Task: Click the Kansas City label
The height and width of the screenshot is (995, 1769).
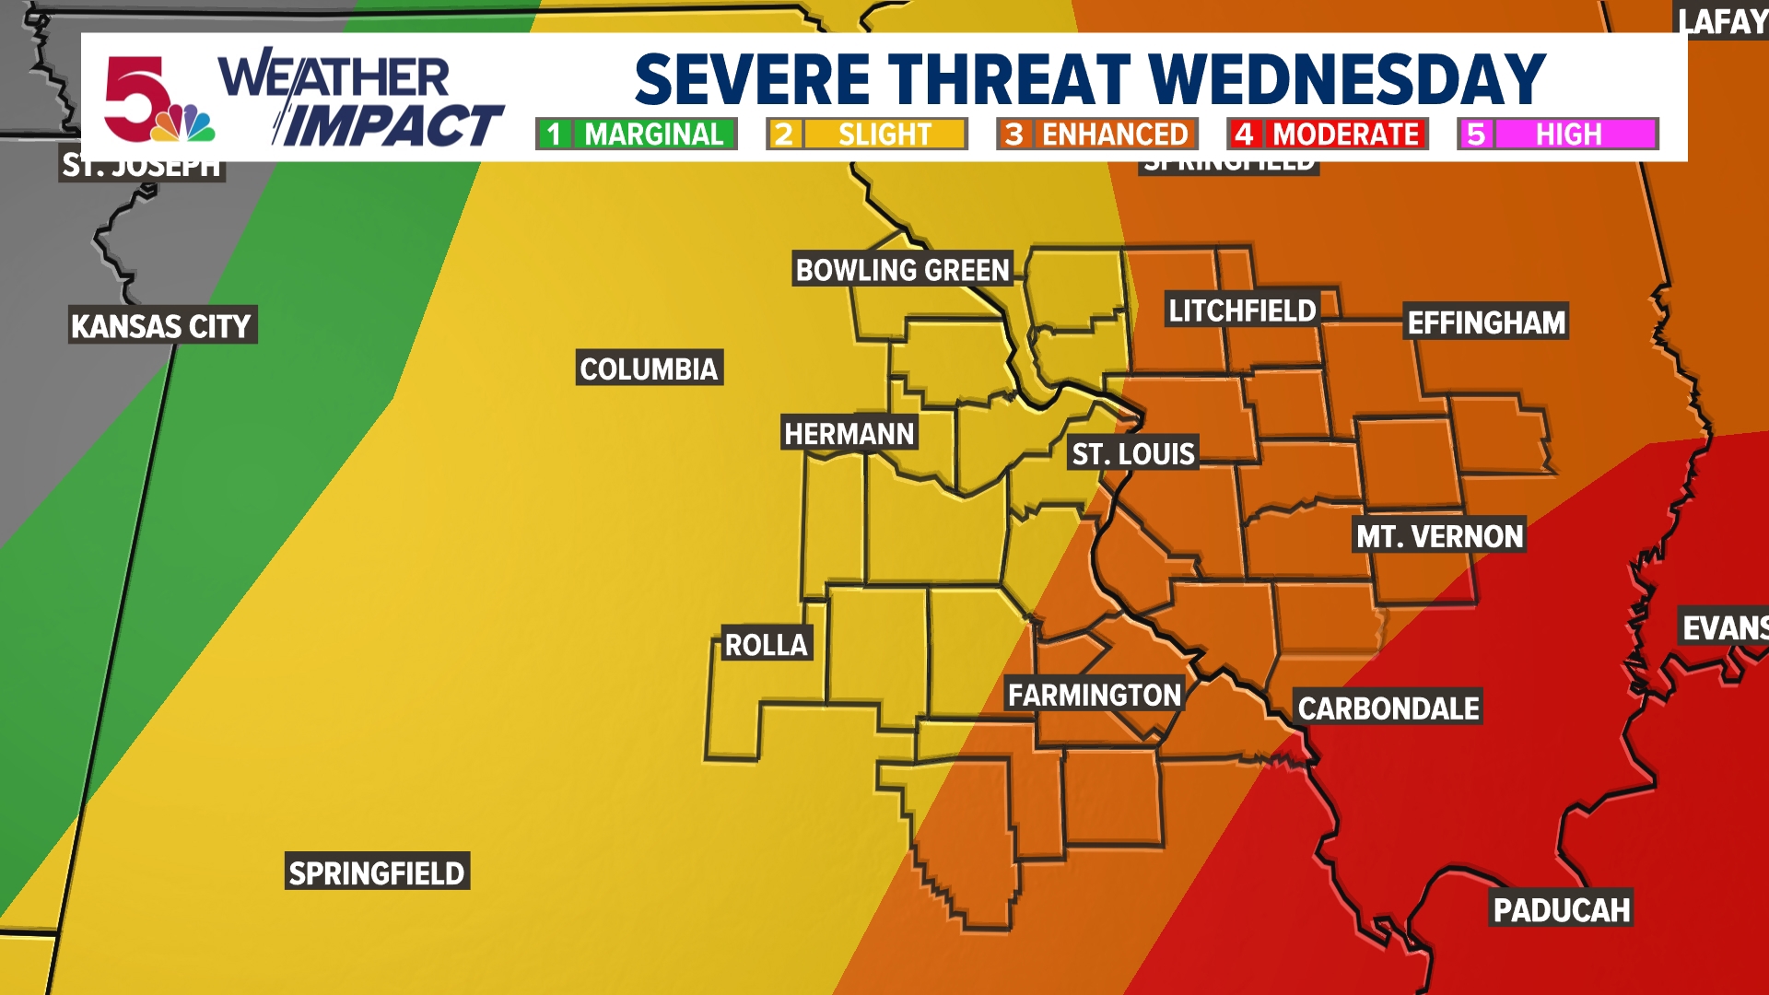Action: pyautogui.click(x=161, y=326)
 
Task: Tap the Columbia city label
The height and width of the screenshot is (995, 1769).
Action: pyautogui.click(x=649, y=369)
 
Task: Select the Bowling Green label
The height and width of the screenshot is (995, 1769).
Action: pyautogui.click(x=902, y=270)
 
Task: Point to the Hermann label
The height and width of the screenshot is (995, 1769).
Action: pyautogui.click(x=849, y=433)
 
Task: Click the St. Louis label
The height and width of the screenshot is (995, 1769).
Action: pyautogui.click(x=1133, y=453)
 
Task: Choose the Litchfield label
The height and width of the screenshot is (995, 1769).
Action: pyautogui.click(x=1242, y=310)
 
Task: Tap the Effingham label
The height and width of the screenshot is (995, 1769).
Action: pyautogui.click(x=1485, y=322)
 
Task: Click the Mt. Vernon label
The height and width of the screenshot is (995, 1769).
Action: pyautogui.click(x=1439, y=535)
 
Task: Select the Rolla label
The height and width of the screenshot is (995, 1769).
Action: pyautogui.click(x=766, y=644)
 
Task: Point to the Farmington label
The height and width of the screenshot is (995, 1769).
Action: pyautogui.click(x=1094, y=694)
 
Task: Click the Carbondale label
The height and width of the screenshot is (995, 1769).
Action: pyautogui.click(x=1388, y=708)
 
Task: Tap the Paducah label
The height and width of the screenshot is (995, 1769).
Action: pyautogui.click(x=1561, y=909)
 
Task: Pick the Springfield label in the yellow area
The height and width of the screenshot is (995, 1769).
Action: pyautogui.click(x=377, y=872)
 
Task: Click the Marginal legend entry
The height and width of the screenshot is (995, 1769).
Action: pyautogui.click(x=636, y=135)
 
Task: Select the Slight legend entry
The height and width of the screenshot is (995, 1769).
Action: pyautogui.click(x=866, y=135)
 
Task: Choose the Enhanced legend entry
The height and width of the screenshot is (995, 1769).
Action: pyautogui.click(x=1096, y=135)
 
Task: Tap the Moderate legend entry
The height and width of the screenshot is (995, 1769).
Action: pyautogui.click(x=1327, y=135)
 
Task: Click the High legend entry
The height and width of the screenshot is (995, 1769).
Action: pyautogui.click(x=1557, y=135)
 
